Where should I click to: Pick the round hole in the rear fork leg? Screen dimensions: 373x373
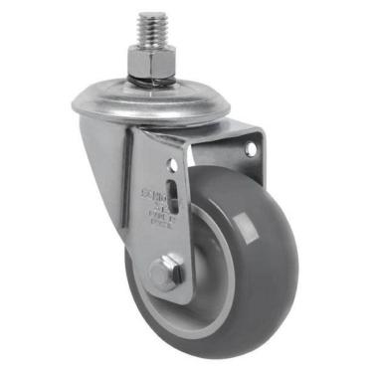pos(250,149)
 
